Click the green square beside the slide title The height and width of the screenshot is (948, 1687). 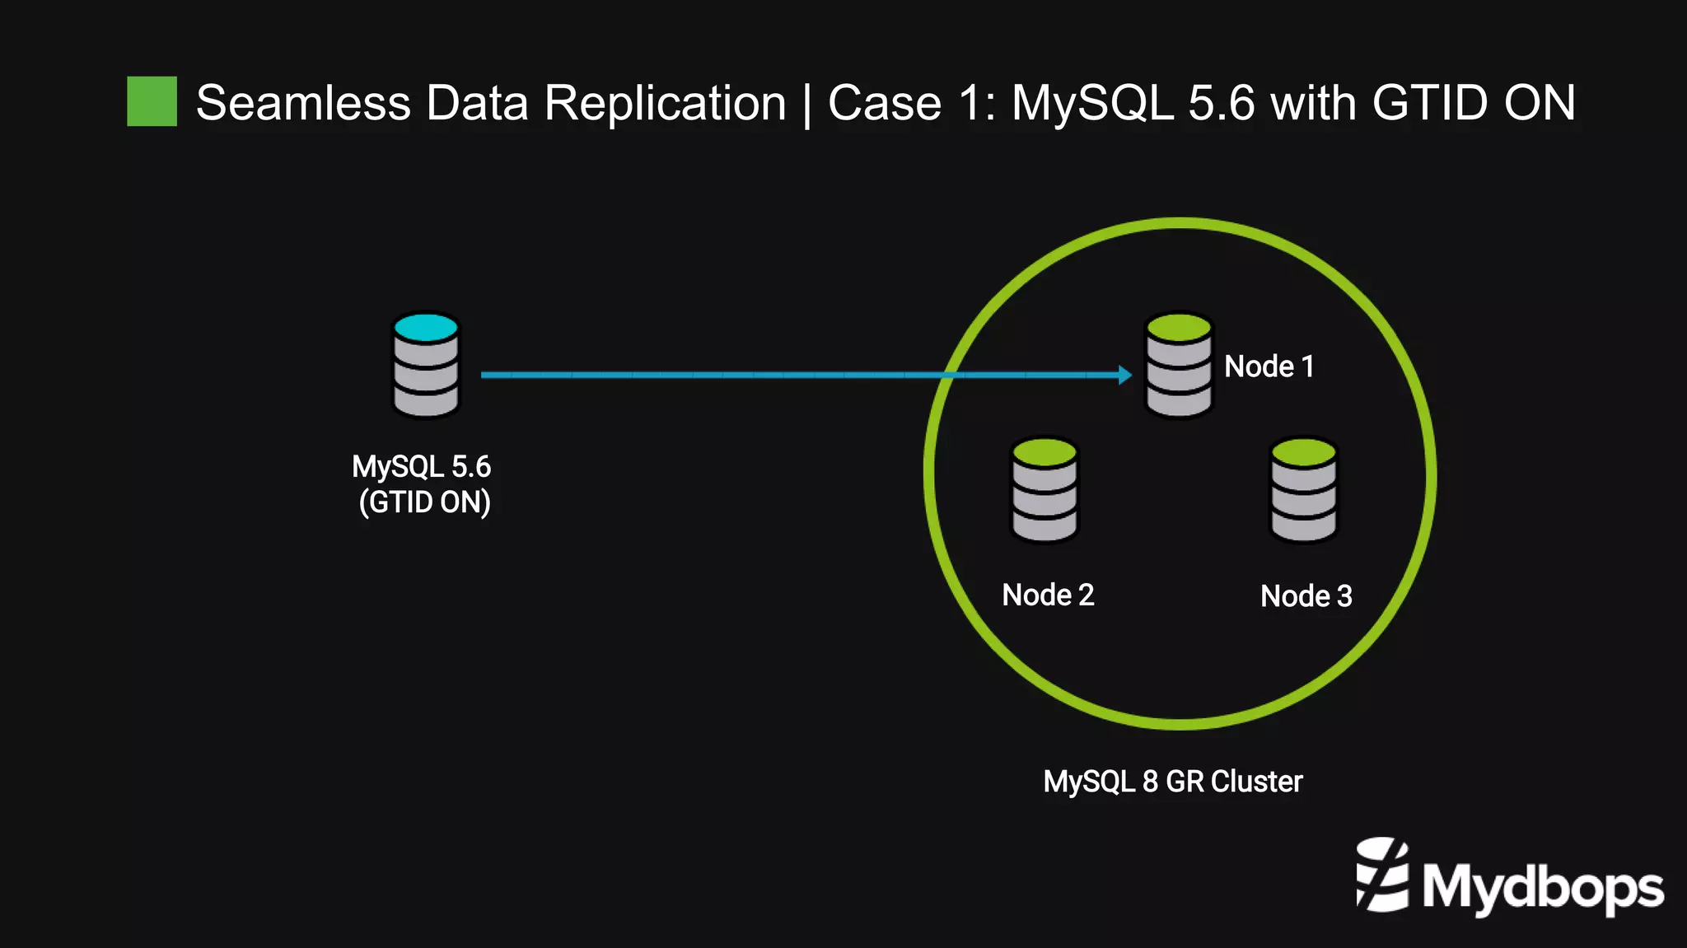[x=152, y=101]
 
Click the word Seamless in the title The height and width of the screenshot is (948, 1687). [x=302, y=104]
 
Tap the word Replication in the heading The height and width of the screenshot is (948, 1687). [x=665, y=104]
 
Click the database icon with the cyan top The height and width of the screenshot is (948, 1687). [x=426, y=365]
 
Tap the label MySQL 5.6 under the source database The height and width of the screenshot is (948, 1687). [x=421, y=467]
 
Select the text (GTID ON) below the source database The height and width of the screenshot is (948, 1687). [x=424, y=502]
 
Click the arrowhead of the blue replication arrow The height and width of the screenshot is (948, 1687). [x=1125, y=375]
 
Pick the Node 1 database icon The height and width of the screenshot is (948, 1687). [x=1179, y=365]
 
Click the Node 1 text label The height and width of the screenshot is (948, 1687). [x=1269, y=367]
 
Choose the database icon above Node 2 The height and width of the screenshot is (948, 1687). [x=1044, y=490]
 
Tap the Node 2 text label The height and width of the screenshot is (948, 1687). [x=1048, y=595]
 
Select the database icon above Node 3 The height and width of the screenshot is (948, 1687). [x=1303, y=490]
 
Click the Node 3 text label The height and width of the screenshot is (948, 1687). [x=1306, y=596]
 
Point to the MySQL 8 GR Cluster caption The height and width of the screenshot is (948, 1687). [x=1172, y=782]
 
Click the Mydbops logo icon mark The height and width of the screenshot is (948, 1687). [x=1383, y=875]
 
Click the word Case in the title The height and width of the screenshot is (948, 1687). [x=884, y=104]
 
